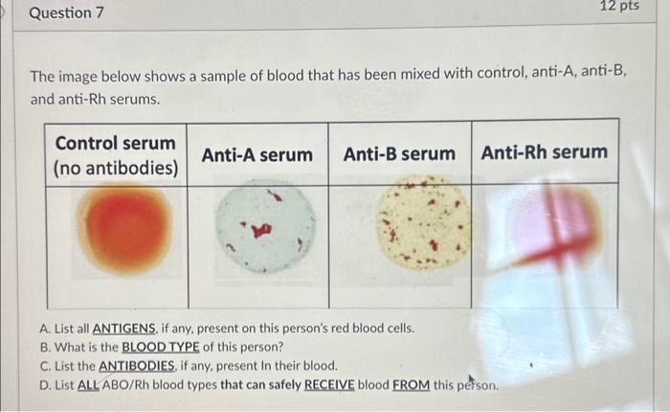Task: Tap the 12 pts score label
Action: coord(619,7)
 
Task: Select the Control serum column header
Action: coord(116,144)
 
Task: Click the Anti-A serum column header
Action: coord(257,154)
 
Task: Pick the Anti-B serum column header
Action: coord(399,153)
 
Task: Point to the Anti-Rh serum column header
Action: coord(544,152)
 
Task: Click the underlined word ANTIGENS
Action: coord(127,328)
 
